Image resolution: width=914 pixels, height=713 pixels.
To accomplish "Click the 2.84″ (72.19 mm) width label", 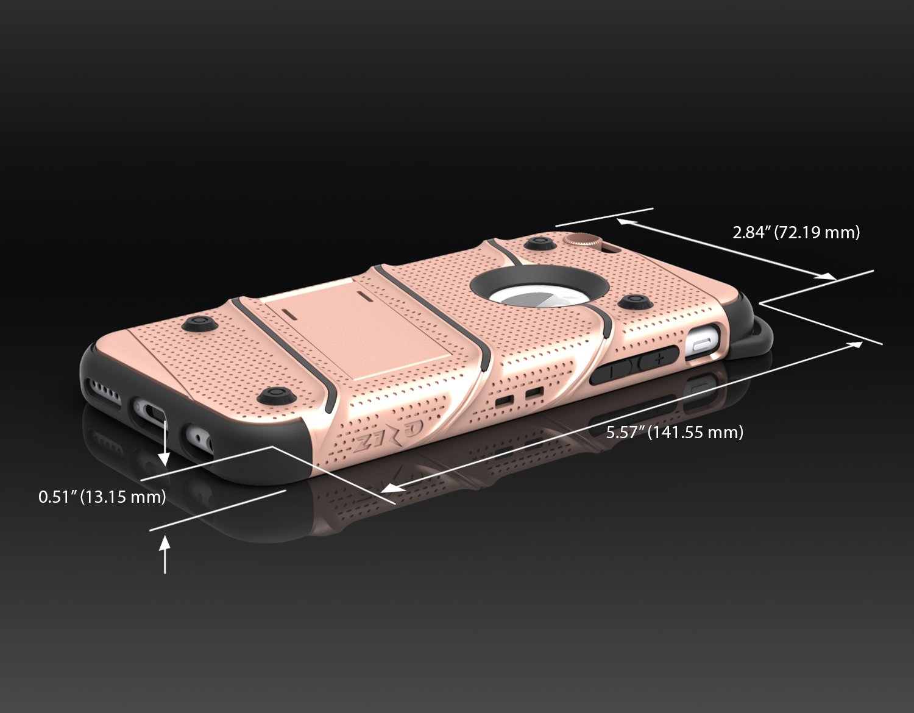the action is [796, 232].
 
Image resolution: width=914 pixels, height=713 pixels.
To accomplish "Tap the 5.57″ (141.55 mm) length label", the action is [675, 433].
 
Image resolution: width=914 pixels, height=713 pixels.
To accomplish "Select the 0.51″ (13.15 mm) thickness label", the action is [102, 497].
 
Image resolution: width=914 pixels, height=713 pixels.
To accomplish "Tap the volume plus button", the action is [658, 358].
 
